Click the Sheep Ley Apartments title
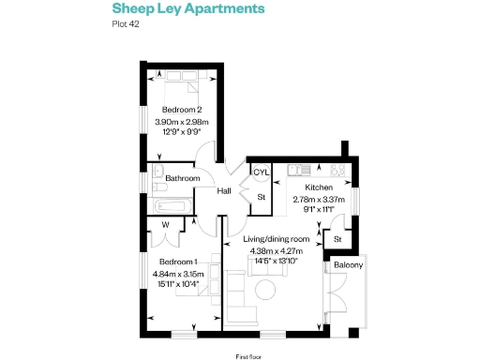182,9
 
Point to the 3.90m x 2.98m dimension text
185,122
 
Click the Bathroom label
183,178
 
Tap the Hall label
225,191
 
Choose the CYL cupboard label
262,173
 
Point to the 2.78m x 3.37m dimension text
320,200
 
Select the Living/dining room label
277,239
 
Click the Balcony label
349,266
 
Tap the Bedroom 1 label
177,261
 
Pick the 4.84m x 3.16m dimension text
178,273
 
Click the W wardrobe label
165,224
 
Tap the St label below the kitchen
337,241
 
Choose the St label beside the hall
262,197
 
